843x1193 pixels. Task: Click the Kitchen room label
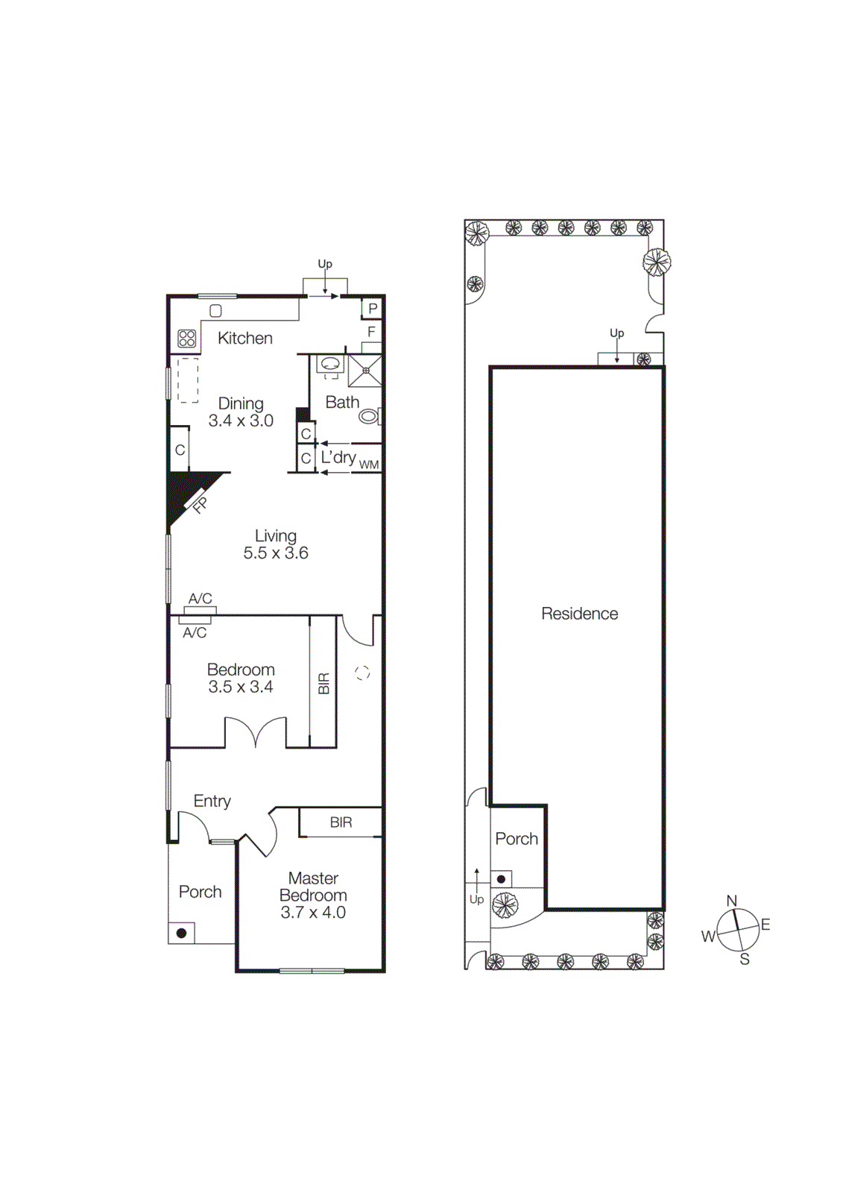(x=244, y=339)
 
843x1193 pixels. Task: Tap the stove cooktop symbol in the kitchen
(x=187, y=339)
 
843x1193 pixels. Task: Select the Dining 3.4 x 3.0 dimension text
(x=241, y=421)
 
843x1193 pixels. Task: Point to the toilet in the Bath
(x=370, y=416)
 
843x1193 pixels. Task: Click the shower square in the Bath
(x=366, y=371)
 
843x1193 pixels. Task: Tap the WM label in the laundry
(x=369, y=465)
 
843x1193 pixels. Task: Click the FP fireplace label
(x=200, y=505)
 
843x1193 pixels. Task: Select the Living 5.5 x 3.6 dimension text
(x=276, y=553)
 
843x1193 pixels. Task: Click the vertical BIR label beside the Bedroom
(x=323, y=683)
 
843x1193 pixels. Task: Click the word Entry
(x=212, y=801)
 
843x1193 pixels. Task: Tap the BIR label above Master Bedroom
(x=341, y=822)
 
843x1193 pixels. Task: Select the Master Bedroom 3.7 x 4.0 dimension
(x=313, y=913)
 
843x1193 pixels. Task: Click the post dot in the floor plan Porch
(x=181, y=933)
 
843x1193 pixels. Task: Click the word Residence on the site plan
(x=579, y=614)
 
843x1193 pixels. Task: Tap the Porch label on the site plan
(x=517, y=839)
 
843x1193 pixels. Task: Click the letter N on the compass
(x=732, y=901)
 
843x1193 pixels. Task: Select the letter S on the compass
(x=744, y=960)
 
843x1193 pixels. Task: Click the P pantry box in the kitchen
(x=373, y=308)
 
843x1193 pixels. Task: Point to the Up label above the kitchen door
(x=325, y=264)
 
